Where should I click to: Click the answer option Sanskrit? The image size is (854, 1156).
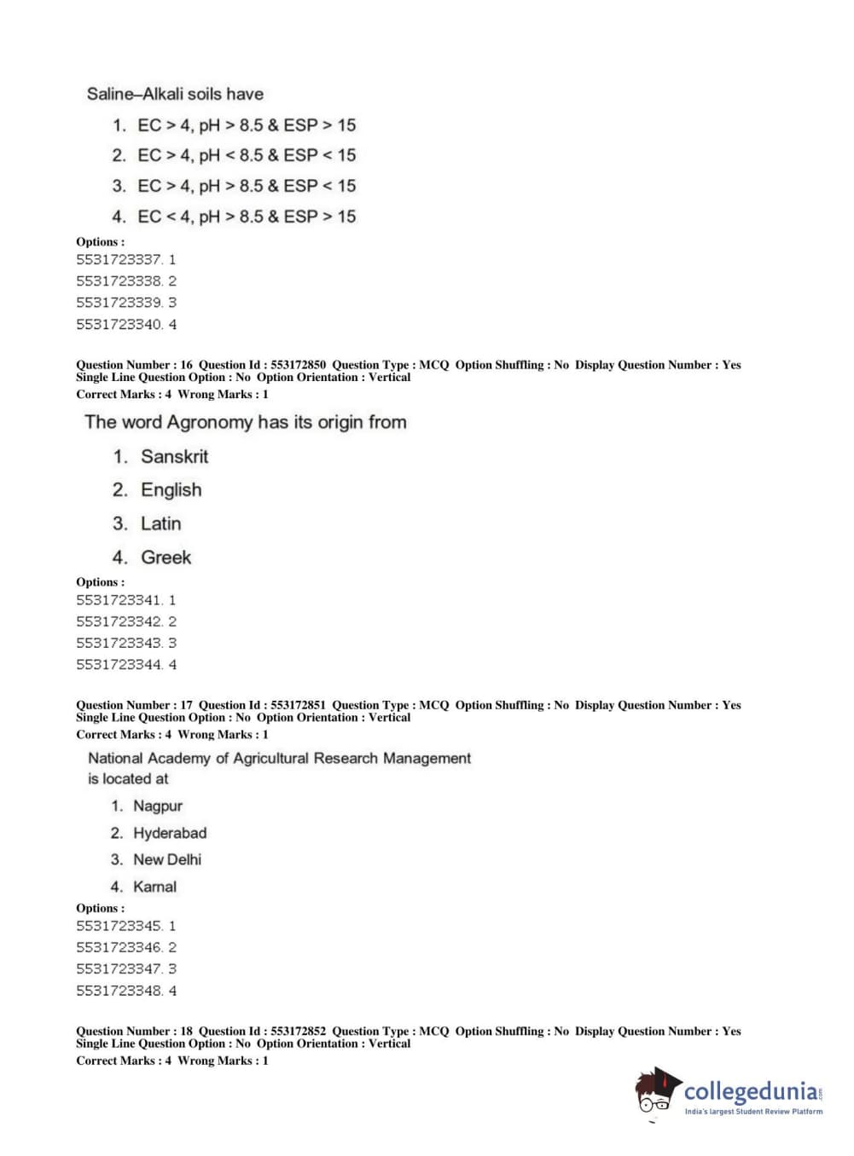coord(174,457)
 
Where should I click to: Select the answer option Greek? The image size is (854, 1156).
coord(166,558)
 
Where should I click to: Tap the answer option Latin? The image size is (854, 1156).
coord(160,523)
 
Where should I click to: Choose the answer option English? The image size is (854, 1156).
coord(171,490)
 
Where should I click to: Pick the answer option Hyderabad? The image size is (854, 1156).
coord(169,833)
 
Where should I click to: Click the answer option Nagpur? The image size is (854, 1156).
coord(157,806)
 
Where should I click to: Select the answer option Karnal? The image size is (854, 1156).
coord(154,887)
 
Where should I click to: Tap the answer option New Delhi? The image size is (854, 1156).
coord(166,859)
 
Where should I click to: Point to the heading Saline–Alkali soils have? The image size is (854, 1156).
coord(175,94)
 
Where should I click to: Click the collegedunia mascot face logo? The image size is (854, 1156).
coord(656,1092)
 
